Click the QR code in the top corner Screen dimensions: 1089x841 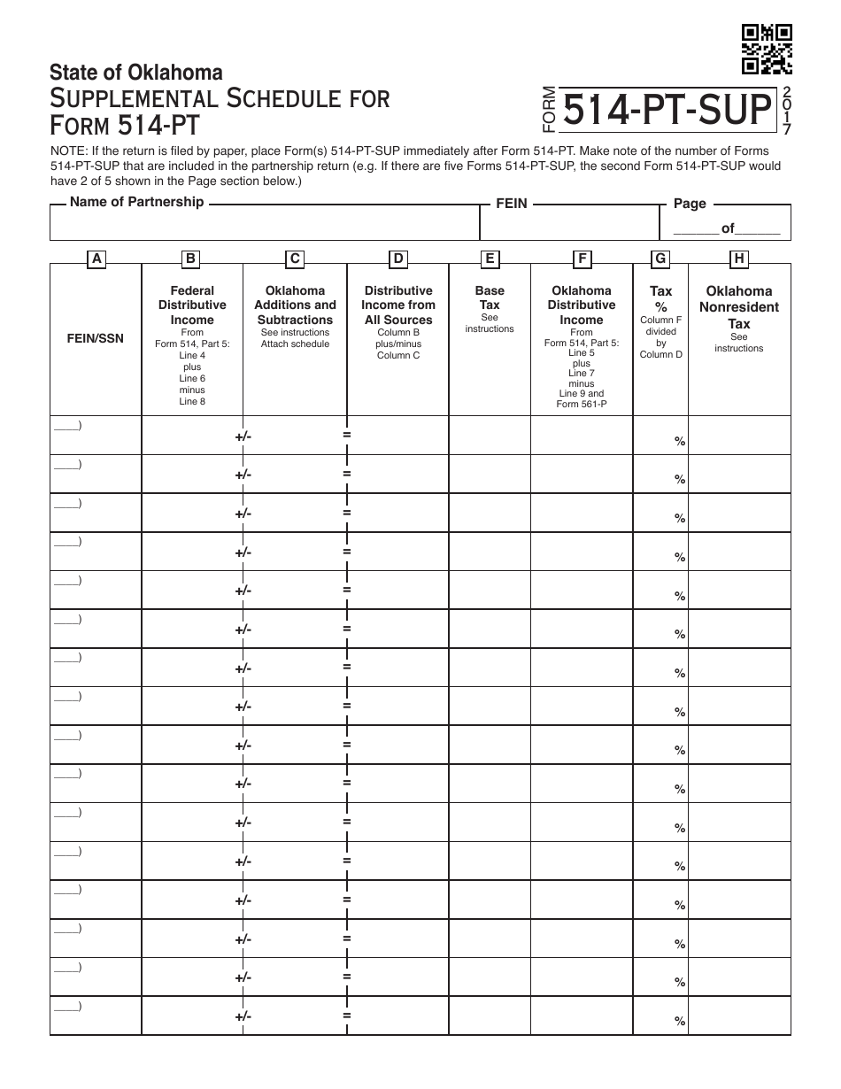767,50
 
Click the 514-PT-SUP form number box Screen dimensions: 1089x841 666,111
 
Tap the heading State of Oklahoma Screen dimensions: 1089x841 136,73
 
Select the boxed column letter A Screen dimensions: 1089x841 96,259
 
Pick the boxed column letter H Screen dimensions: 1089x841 738,259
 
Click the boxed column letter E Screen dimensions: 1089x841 490,259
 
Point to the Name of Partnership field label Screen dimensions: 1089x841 136,202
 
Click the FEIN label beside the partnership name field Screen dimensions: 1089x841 511,204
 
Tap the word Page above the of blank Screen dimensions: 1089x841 690,204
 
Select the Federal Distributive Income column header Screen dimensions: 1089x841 192,305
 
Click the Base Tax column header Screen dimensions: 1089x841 490,297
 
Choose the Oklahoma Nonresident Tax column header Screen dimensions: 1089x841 738,306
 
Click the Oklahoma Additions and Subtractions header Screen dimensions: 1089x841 295,305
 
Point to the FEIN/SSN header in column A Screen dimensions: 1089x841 96,338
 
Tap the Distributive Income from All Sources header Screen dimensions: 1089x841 398,305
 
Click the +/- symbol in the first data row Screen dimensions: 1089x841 243,436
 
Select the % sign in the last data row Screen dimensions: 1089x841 680,1021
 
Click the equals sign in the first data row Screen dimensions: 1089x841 347,435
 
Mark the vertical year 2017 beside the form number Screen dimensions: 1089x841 787,111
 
